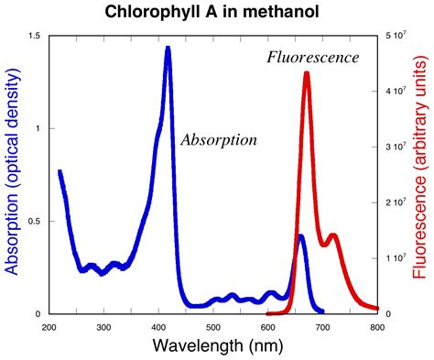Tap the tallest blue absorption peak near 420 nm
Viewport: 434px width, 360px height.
click(x=168, y=49)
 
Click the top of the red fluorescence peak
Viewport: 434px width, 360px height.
click(x=307, y=74)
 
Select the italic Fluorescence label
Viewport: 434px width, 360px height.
click(x=312, y=58)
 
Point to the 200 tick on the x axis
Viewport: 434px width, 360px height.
click(x=49, y=325)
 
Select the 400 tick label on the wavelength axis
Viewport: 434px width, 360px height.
click(x=158, y=325)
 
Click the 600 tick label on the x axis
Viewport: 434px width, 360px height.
click(x=267, y=325)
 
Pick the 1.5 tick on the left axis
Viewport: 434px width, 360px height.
click(x=35, y=35)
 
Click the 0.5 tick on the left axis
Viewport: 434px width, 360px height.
click(x=35, y=221)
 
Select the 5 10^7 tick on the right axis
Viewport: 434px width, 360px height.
click(x=395, y=35)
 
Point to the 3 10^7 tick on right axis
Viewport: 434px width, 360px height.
click(x=395, y=147)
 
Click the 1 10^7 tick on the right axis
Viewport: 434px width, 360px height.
click(x=395, y=258)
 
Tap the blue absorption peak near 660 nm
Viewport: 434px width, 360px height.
click(x=300, y=237)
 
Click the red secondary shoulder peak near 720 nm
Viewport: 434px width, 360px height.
click(x=333, y=235)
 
